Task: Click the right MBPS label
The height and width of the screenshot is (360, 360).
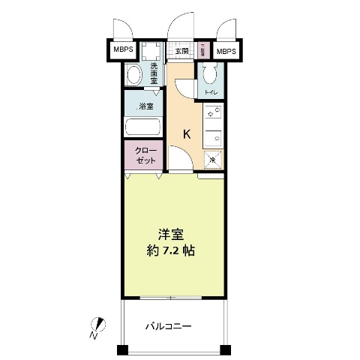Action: click(225, 51)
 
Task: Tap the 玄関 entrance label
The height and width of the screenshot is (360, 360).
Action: click(181, 51)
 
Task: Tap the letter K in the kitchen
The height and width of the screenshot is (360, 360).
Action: click(187, 134)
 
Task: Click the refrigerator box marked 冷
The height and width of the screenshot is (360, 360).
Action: click(212, 158)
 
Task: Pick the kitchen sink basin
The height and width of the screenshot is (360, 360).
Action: click(212, 137)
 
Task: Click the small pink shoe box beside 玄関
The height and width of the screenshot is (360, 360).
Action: click(202, 51)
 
